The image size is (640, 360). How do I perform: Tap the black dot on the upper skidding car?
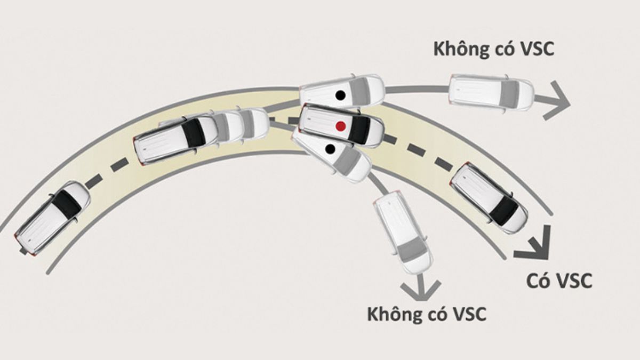click(339, 95)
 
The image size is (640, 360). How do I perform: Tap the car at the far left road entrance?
click(52, 217)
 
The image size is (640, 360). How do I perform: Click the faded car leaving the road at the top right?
click(491, 92)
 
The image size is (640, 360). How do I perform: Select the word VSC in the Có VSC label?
click(573, 281)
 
